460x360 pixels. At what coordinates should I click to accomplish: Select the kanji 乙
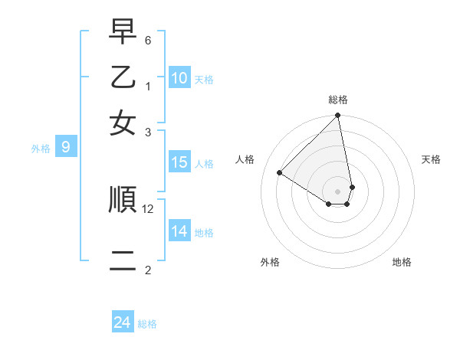tap(123, 79)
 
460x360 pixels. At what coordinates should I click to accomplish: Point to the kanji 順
tap(123, 199)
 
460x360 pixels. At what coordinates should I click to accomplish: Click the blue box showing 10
tap(179, 77)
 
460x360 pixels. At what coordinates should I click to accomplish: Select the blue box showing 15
tap(179, 162)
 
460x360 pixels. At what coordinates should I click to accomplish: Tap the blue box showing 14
tap(179, 231)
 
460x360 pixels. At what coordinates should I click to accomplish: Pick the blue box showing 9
tap(65, 147)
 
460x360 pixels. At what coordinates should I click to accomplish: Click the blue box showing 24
tap(123, 322)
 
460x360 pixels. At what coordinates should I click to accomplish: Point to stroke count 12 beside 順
tap(148, 208)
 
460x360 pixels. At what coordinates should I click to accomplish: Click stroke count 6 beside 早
tap(148, 40)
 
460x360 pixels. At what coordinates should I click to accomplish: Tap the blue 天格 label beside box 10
tap(204, 79)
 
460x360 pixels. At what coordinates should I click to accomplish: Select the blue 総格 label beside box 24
tap(147, 324)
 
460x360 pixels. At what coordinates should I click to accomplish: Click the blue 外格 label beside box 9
tap(41, 149)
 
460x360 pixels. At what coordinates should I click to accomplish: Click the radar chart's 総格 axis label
tap(338, 100)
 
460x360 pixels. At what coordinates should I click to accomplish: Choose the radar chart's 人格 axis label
tap(245, 159)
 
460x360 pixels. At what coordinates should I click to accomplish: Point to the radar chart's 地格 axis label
tap(402, 262)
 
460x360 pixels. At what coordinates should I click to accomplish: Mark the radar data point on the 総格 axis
tap(337, 116)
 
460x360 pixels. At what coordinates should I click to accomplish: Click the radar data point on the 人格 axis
tap(280, 173)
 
